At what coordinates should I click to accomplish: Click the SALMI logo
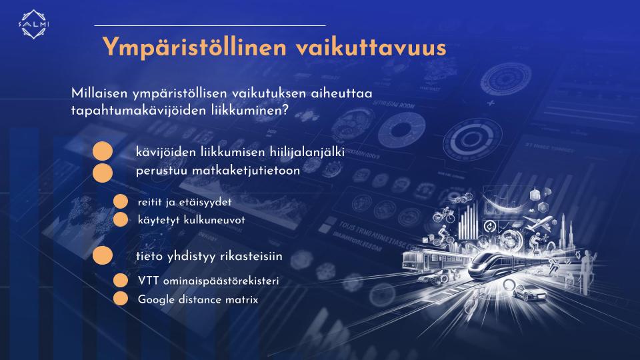click(34, 25)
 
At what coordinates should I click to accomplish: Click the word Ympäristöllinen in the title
click(195, 47)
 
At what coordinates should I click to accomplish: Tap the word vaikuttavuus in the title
click(371, 47)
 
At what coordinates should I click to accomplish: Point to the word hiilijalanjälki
click(307, 152)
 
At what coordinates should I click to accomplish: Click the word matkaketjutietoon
click(246, 170)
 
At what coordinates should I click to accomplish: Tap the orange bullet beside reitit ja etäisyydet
click(121, 201)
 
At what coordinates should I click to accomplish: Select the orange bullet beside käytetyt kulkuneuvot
click(121, 219)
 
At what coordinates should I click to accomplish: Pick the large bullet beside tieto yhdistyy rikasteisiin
click(103, 255)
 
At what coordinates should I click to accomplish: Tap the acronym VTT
click(148, 281)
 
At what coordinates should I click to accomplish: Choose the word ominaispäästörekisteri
click(221, 281)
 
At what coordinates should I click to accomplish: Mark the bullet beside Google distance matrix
click(121, 299)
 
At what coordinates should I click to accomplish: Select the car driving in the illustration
click(529, 292)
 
